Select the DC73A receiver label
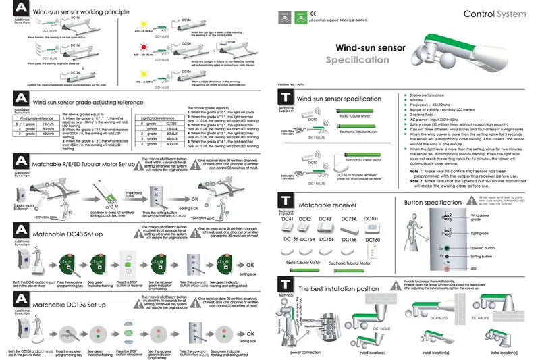[x=350, y=220]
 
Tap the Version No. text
[x=292, y=84]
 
